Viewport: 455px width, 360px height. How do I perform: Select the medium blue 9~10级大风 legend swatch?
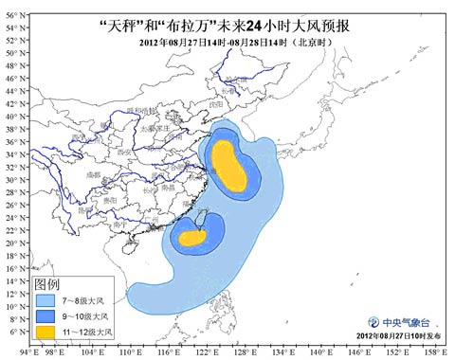pyautogui.click(x=45, y=315)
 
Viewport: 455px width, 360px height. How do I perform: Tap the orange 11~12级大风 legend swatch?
pyautogui.click(x=45, y=332)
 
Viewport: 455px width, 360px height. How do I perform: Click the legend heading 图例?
pyautogui.click(x=47, y=283)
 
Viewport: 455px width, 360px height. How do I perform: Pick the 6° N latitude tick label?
pyautogui.click(x=14, y=332)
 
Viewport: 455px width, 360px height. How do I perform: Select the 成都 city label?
pyautogui.click(x=92, y=175)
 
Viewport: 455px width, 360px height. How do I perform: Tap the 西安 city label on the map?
pyautogui.click(x=124, y=152)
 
